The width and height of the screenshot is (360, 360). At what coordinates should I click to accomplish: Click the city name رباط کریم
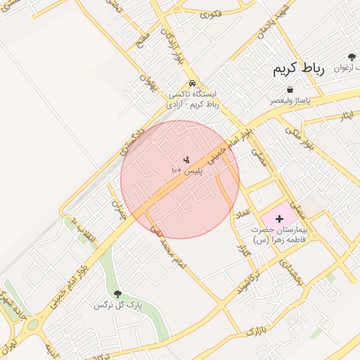pyautogui.click(x=299, y=70)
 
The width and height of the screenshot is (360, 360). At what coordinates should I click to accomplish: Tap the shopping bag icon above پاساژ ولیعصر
pyautogui.click(x=290, y=89)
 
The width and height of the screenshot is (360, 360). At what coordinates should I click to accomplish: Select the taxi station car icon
pyautogui.click(x=193, y=82)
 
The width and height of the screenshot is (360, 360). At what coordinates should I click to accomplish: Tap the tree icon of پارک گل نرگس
pyautogui.click(x=117, y=295)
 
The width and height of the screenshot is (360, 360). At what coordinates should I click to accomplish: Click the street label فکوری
pyautogui.click(x=212, y=13)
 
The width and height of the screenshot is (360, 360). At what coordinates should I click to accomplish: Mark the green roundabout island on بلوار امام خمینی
pyautogui.click(x=33, y=325)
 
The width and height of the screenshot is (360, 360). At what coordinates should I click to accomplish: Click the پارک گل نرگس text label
pyautogui.click(x=118, y=306)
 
